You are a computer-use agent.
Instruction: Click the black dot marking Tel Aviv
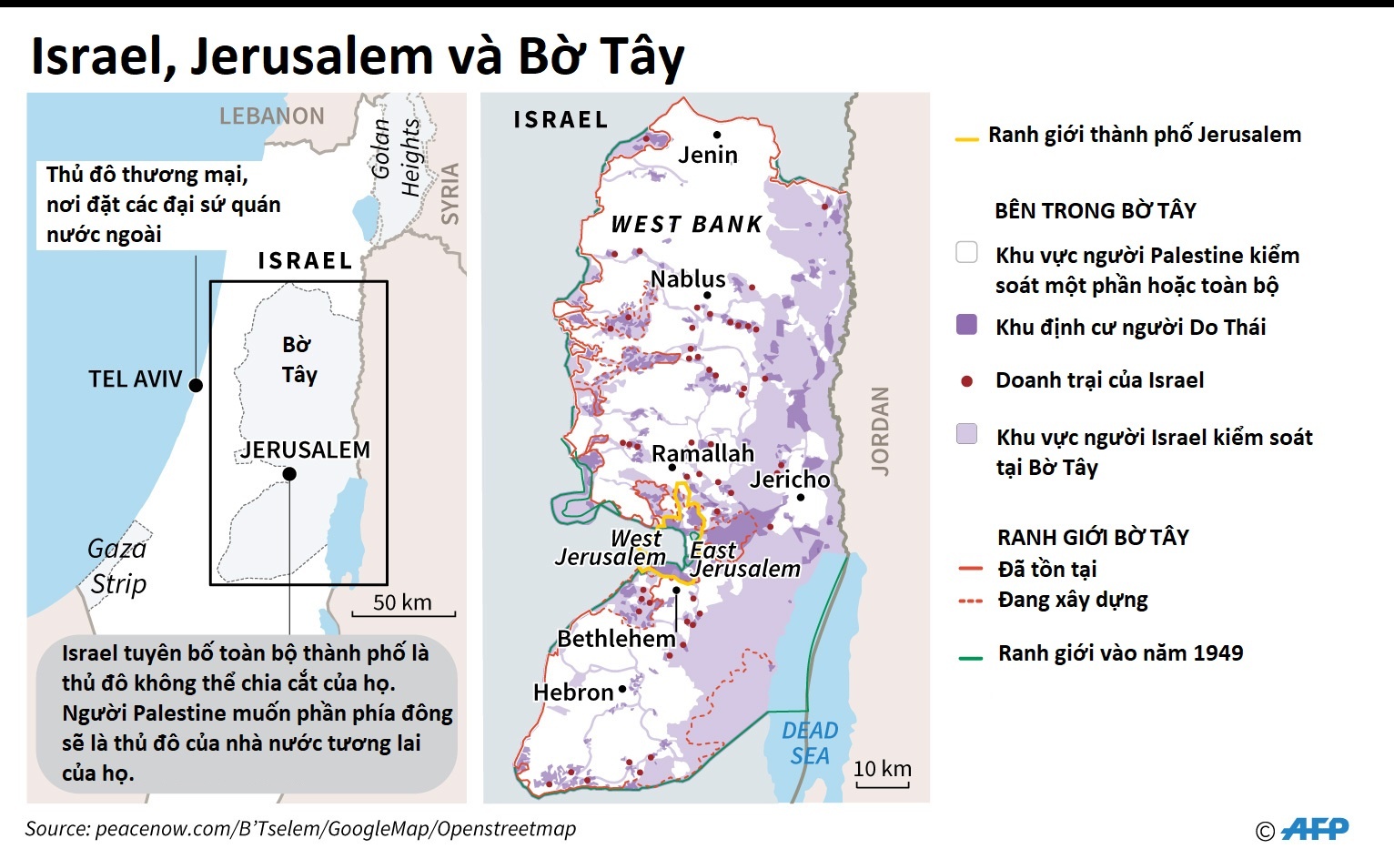click(196, 385)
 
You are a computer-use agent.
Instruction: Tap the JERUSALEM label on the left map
click(306, 450)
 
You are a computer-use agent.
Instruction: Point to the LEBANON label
click(272, 116)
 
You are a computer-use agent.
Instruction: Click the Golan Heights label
click(397, 154)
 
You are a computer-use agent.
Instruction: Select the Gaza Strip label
click(117, 566)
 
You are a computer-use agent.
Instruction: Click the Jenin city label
click(708, 155)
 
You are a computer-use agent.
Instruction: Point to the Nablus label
click(688, 278)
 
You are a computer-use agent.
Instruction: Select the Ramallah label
click(702, 453)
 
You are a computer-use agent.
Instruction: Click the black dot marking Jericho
click(801, 497)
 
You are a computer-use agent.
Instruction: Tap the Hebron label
click(573, 692)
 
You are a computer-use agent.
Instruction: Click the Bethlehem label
click(616, 639)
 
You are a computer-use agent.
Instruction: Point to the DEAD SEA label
click(810, 743)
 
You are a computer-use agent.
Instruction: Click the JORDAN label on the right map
click(880, 430)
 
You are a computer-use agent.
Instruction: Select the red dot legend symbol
click(967, 381)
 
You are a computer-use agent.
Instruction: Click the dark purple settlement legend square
click(967, 325)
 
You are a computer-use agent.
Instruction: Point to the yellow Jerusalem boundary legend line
click(966, 139)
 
